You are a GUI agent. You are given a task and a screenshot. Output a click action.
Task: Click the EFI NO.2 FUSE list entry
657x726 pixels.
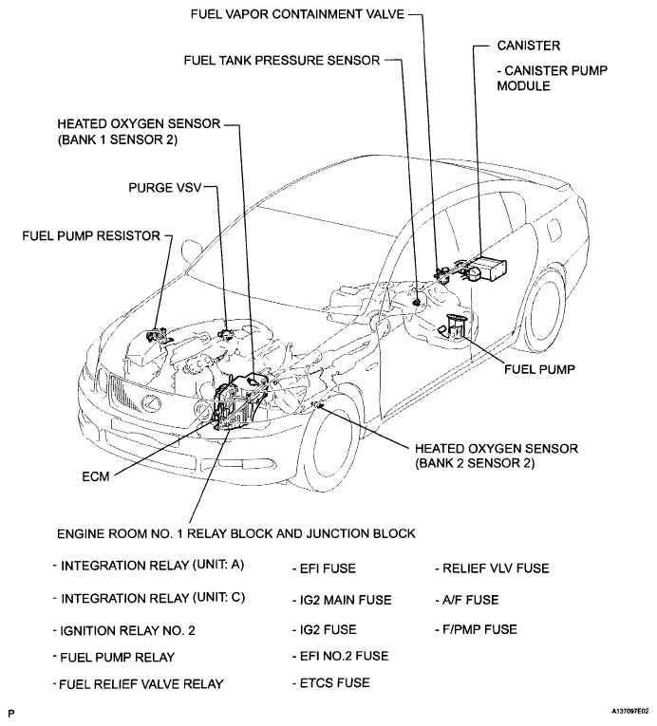(x=341, y=655)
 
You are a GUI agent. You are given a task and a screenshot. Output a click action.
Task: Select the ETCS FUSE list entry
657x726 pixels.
(x=331, y=681)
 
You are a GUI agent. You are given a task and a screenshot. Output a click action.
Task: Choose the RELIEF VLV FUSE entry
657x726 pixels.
(x=493, y=568)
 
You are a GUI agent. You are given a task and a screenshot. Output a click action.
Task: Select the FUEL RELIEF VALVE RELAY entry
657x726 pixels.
(x=140, y=683)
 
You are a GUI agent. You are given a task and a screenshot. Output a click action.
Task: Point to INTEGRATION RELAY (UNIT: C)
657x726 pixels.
(x=148, y=600)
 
